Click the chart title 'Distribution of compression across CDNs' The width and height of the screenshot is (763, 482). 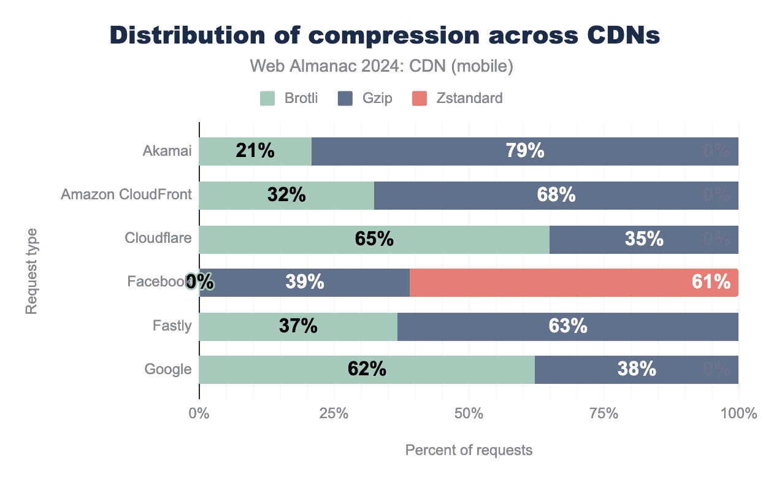(x=385, y=36)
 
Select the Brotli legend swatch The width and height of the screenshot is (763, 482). (x=267, y=98)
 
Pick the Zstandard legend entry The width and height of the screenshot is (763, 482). (x=458, y=98)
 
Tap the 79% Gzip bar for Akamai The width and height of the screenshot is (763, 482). (x=525, y=151)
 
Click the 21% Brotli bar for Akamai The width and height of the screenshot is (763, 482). (x=255, y=151)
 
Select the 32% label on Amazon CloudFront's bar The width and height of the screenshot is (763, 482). (x=286, y=195)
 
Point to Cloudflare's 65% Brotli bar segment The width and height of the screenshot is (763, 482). (x=374, y=239)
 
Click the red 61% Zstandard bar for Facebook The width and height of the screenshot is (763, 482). (x=573, y=283)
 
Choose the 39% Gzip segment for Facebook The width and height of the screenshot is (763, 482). (x=305, y=283)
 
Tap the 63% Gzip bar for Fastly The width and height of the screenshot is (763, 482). (x=568, y=326)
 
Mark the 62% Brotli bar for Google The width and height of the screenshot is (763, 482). (x=367, y=370)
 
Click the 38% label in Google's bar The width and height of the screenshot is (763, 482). (x=637, y=370)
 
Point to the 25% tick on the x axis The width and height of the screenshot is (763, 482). (x=334, y=414)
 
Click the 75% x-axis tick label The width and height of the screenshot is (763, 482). (x=604, y=414)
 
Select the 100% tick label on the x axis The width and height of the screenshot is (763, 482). (x=738, y=414)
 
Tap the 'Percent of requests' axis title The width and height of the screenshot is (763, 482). (x=469, y=451)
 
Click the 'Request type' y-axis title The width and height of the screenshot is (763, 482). (x=31, y=271)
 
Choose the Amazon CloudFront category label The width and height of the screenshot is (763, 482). (x=126, y=195)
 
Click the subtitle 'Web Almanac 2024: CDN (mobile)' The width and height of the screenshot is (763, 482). (x=381, y=66)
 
